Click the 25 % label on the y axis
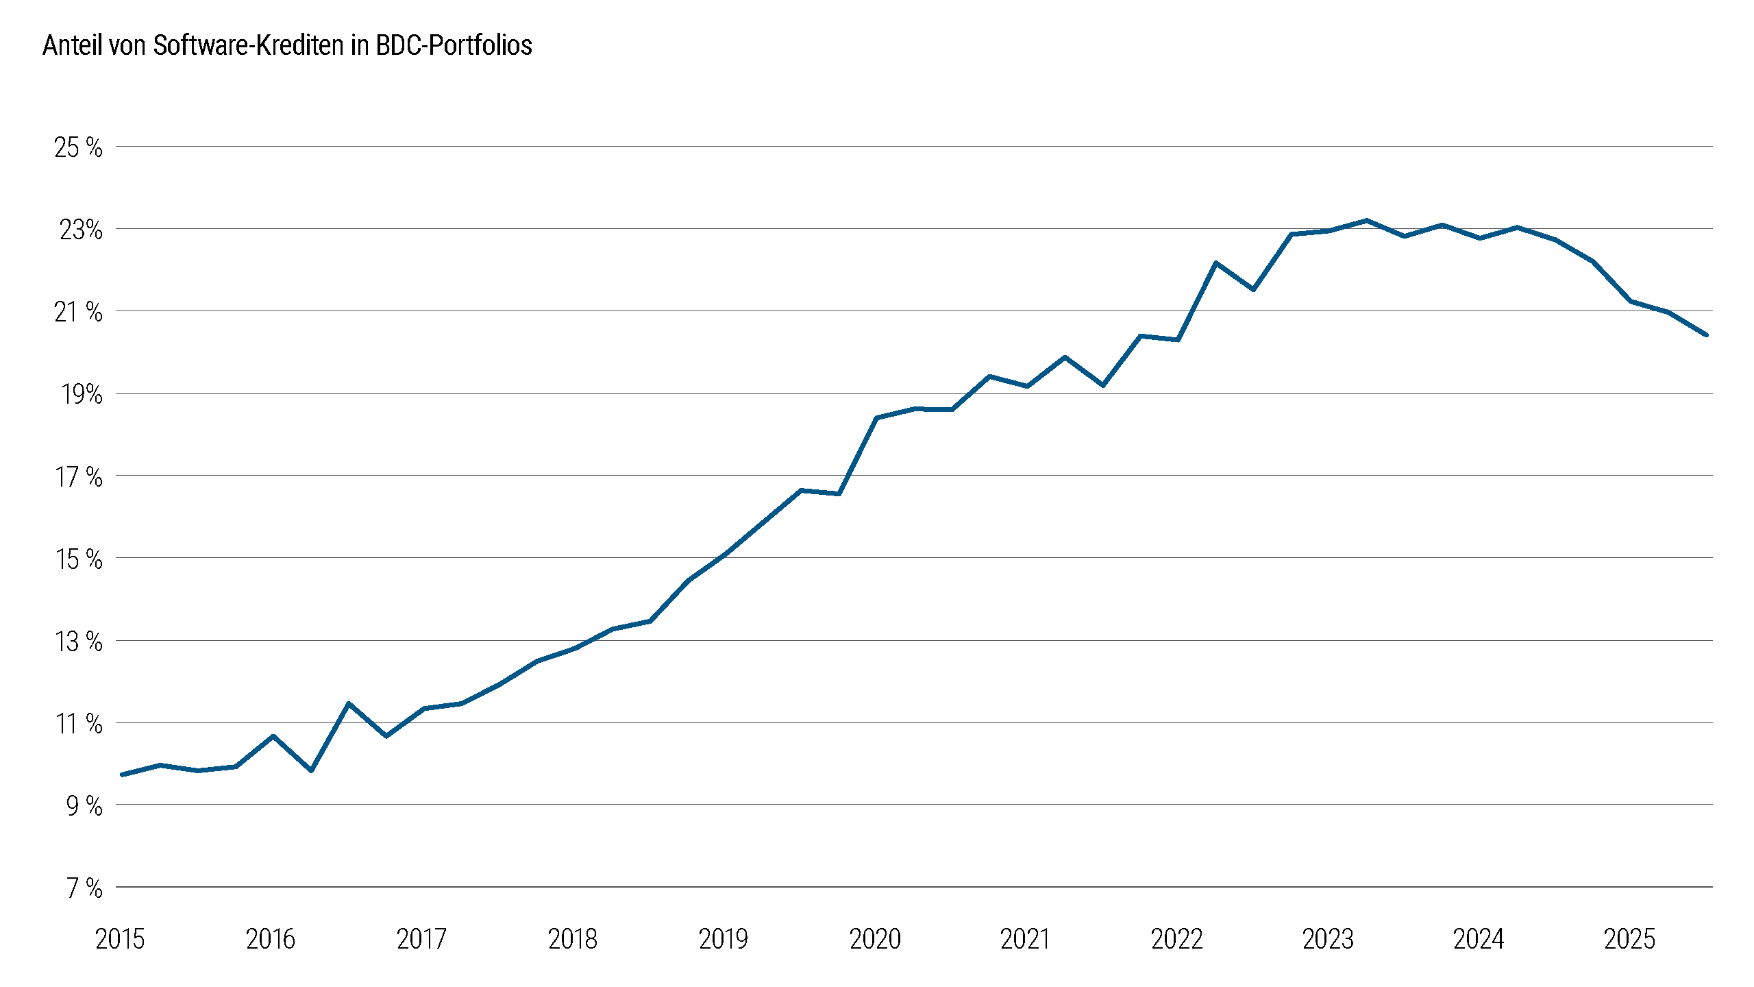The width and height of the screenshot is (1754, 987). click(78, 147)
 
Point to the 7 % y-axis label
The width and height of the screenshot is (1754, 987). click(84, 888)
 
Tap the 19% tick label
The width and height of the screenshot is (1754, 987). click(82, 394)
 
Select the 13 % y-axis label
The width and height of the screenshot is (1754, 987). click(78, 642)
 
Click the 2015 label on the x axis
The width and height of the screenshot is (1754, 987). click(120, 939)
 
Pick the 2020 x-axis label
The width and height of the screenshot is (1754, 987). click(875, 939)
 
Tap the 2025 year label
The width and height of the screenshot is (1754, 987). click(1629, 939)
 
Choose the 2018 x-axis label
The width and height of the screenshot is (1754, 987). click(573, 939)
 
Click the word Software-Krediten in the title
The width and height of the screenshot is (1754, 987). click(248, 45)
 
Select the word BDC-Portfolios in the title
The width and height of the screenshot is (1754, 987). click(454, 45)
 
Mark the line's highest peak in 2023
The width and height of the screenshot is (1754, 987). click(1367, 221)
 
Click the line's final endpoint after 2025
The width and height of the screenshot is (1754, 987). click(1706, 335)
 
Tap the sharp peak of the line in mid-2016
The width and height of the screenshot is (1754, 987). click(349, 704)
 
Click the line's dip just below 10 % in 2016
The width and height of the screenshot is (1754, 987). click(311, 770)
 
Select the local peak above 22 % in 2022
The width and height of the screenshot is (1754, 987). click(1216, 263)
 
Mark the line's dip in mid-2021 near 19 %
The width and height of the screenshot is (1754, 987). click(1103, 385)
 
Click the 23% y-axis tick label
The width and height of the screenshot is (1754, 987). click(81, 230)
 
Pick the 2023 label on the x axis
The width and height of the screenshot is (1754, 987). click(1328, 939)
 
